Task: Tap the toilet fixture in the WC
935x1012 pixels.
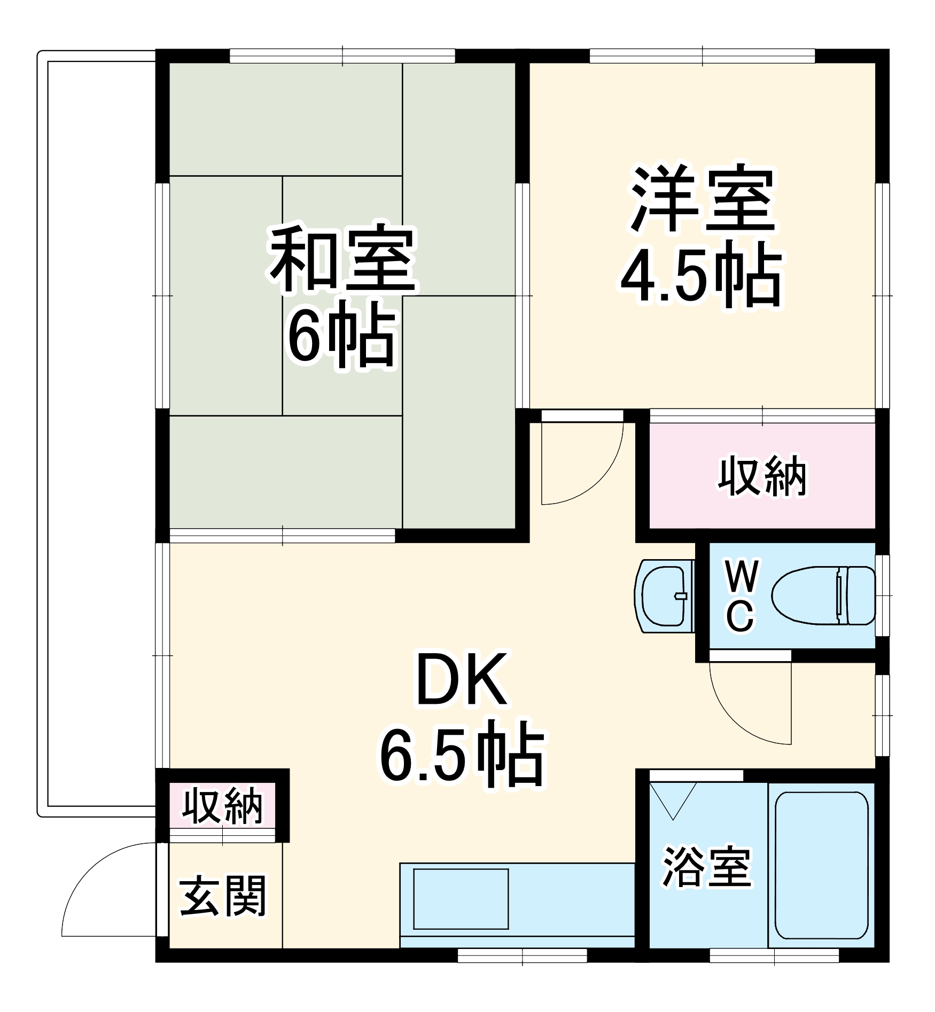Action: [823, 595]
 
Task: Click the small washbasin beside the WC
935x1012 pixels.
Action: [664, 595]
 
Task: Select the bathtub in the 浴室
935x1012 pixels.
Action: [821, 865]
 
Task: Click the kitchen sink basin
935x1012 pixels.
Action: [461, 899]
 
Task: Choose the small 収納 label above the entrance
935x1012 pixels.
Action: [222, 806]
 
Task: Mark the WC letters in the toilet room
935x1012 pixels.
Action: [741, 596]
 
